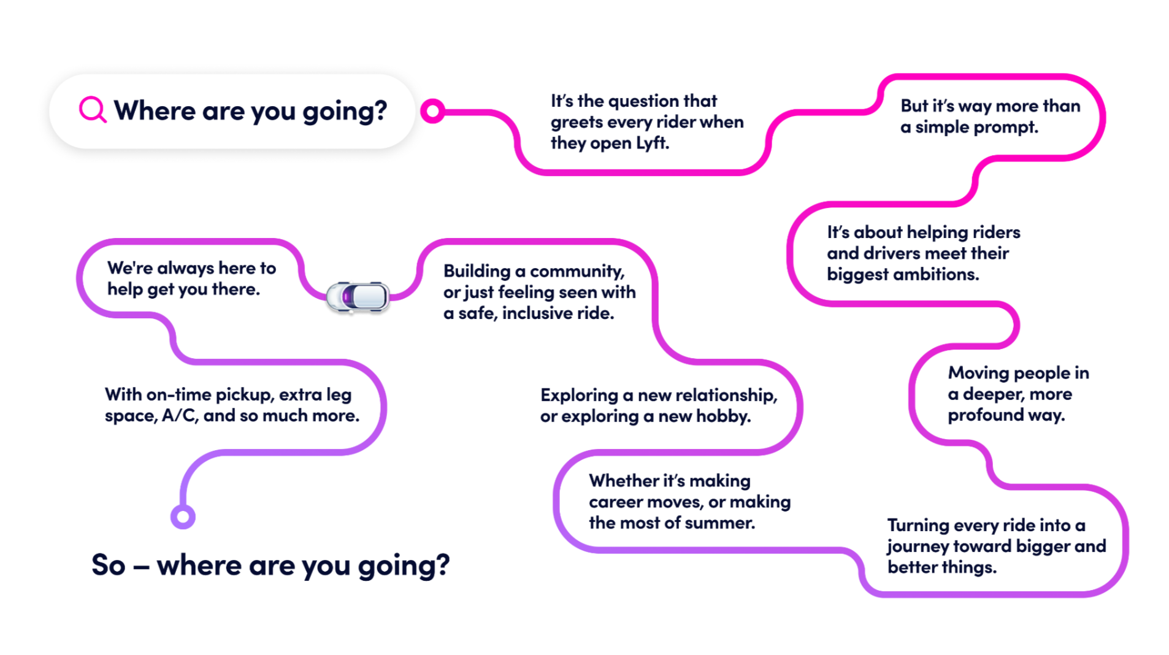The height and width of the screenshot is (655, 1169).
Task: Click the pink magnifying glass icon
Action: (93, 110)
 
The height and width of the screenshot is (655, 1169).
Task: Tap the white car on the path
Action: (358, 297)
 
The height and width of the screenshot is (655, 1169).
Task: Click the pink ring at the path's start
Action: (432, 111)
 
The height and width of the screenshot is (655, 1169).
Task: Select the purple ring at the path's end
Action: (183, 516)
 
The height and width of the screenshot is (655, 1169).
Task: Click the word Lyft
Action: (652, 143)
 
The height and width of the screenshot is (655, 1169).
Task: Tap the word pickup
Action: (245, 394)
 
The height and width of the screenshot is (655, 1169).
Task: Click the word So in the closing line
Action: (109, 565)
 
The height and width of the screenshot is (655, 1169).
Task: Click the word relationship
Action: (722, 396)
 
